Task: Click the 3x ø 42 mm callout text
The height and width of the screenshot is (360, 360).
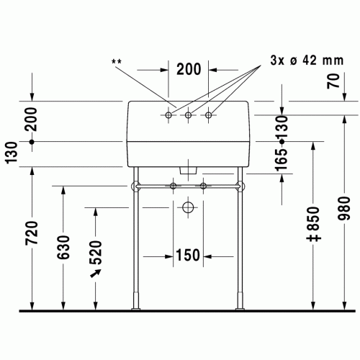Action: tap(307, 60)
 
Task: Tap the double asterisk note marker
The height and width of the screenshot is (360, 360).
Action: tap(117, 62)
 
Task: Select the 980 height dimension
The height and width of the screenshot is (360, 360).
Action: tap(344, 208)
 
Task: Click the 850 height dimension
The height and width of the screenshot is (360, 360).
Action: tap(313, 224)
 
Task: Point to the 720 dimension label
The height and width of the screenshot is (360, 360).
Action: tap(32, 233)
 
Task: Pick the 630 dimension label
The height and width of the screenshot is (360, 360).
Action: tap(63, 248)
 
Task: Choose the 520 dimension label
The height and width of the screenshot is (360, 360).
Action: tap(96, 253)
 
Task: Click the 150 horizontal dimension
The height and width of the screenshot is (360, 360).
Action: tap(188, 255)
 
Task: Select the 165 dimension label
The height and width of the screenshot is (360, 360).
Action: tap(282, 160)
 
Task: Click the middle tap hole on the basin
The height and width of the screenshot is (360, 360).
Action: tap(189, 115)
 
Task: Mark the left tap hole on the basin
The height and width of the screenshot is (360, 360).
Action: tap(168, 115)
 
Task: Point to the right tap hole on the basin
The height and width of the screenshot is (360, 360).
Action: tap(209, 115)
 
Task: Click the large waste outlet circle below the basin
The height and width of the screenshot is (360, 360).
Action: tap(188, 207)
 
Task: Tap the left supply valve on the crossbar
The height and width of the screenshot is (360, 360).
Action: tap(173, 186)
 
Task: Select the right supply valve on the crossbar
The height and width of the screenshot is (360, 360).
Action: tap(203, 186)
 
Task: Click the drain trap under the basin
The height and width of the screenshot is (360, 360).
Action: tap(188, 171)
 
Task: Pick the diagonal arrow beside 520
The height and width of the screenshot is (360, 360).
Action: tap(96, 274)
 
